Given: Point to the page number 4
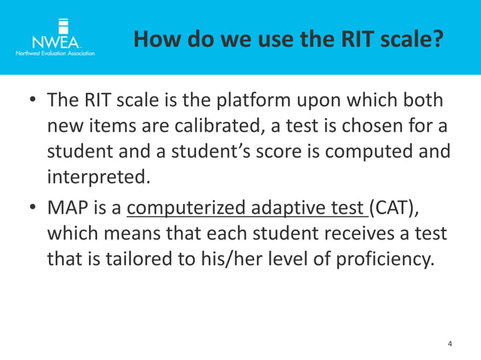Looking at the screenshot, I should (450, 344).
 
